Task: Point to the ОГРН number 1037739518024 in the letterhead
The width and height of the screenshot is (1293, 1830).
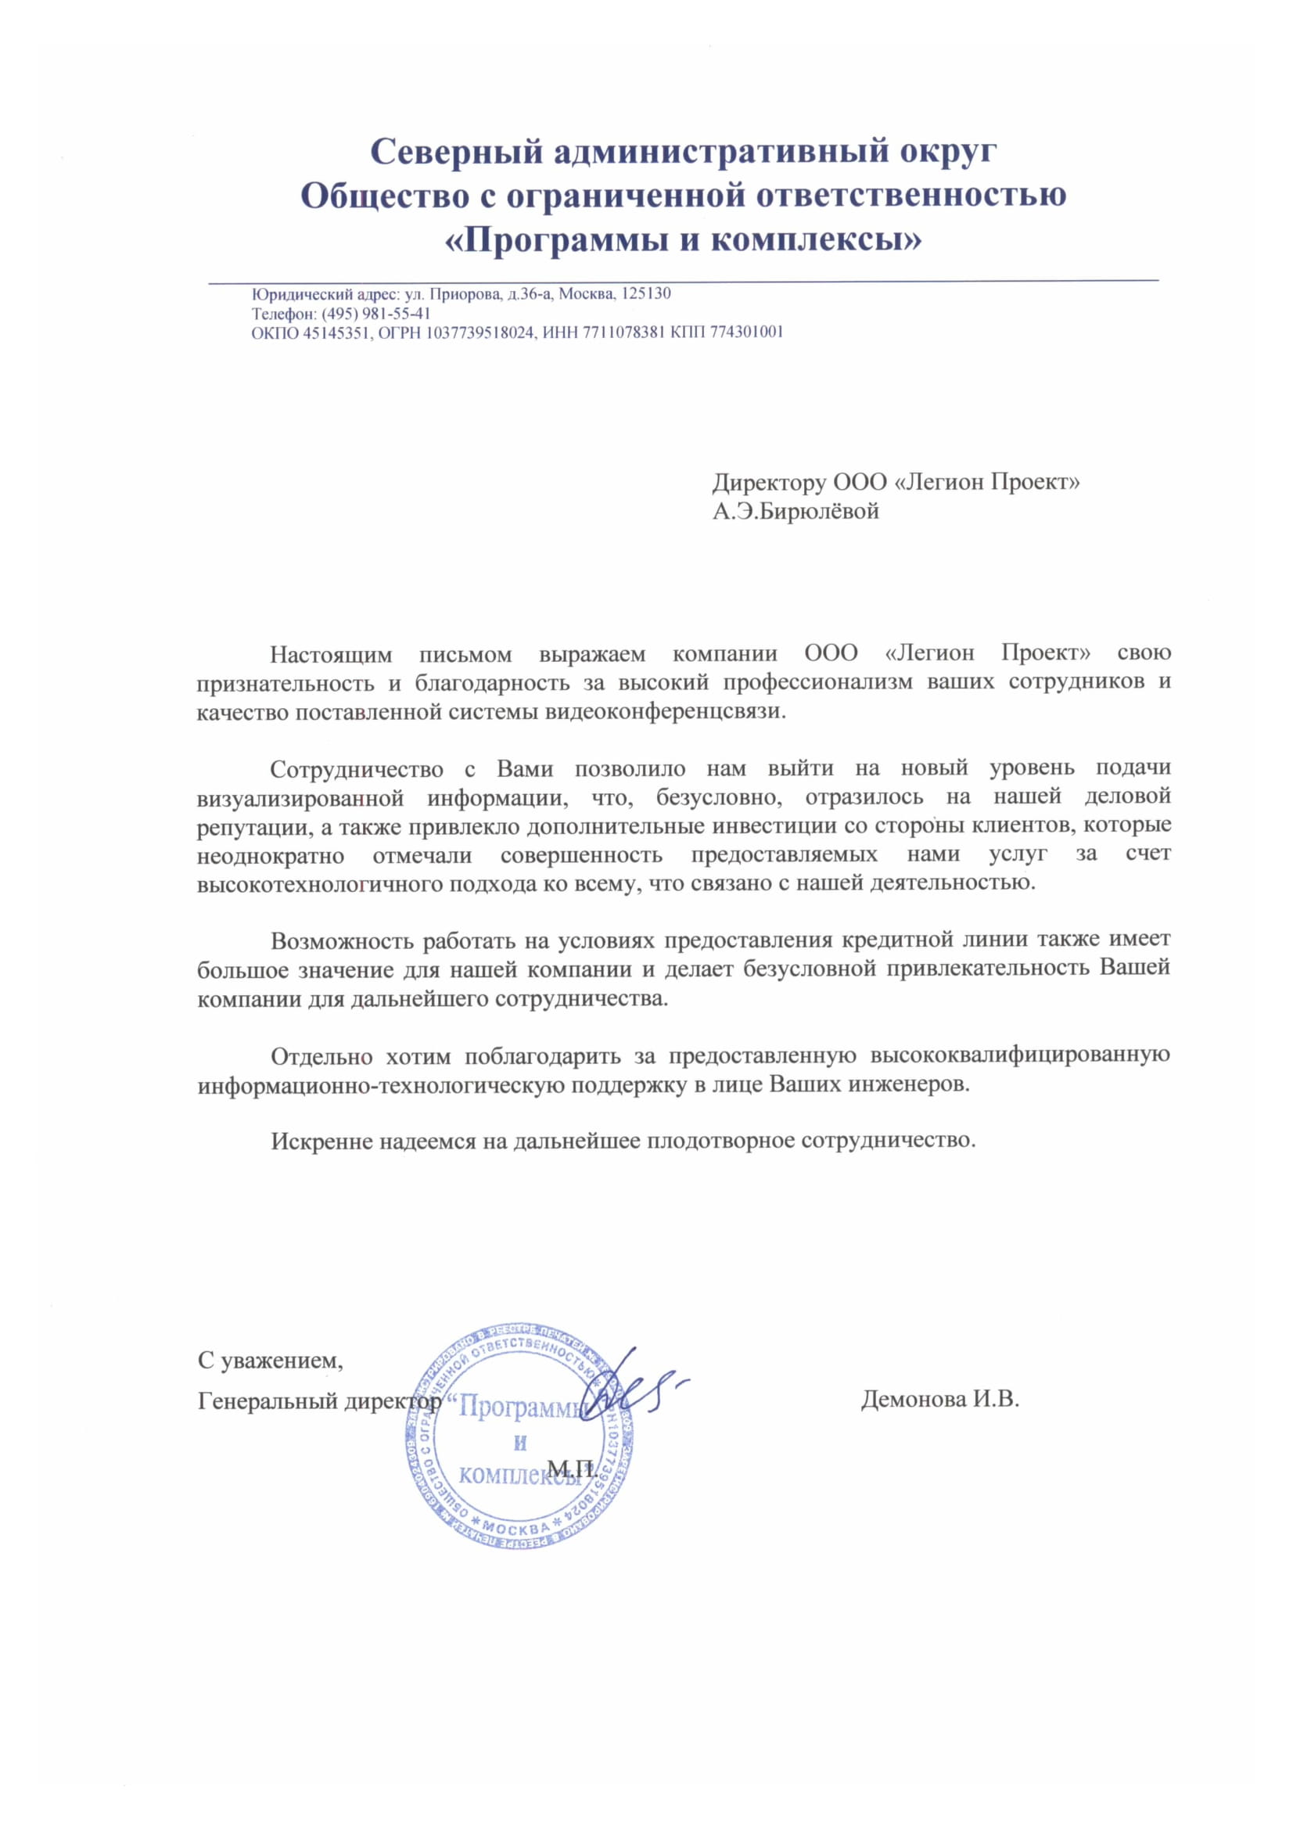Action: click(479, 333)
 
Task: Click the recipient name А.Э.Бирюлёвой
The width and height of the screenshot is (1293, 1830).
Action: click(795, 511)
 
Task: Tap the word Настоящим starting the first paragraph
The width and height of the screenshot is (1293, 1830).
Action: click(332, 654)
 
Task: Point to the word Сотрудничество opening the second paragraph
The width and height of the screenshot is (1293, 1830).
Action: click(357, 769)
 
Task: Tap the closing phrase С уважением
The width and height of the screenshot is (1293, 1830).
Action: click(270, 1361)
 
